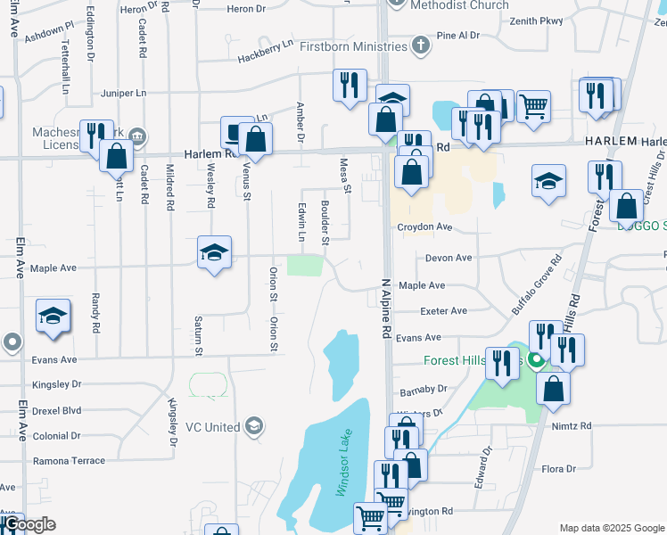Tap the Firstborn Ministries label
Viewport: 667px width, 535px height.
tap(352, 45)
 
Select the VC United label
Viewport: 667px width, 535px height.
tap(212, 427)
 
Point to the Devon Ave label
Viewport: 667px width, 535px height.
tap(449, 258)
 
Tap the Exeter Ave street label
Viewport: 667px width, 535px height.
tap(444, 311)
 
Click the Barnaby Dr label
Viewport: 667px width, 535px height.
tap(424, 389)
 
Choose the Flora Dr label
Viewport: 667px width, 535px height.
tap(560, 468)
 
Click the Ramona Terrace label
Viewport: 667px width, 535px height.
tap(69, 461)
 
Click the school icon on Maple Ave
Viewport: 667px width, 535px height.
tap(214, 253)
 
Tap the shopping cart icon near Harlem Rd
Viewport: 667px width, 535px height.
tap(533, 106)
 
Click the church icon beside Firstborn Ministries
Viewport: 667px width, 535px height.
tap(421, 45)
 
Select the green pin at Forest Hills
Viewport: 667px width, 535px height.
tap(536, 361)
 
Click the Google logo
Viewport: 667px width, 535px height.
tap(29, 525)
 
